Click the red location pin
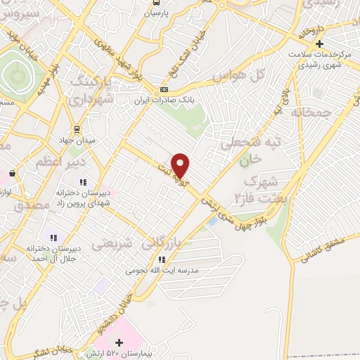(181, 165)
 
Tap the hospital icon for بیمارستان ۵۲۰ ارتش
(119, 342)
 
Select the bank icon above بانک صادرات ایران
(165, 90)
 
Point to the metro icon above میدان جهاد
(78, 129)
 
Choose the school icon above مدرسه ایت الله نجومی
(162, 259)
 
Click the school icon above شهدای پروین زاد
(83, 183)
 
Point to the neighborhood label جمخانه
(310, 112)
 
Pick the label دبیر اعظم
(58, 162)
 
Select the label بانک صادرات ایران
(164, 101)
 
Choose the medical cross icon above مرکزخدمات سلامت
(319, 44)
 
